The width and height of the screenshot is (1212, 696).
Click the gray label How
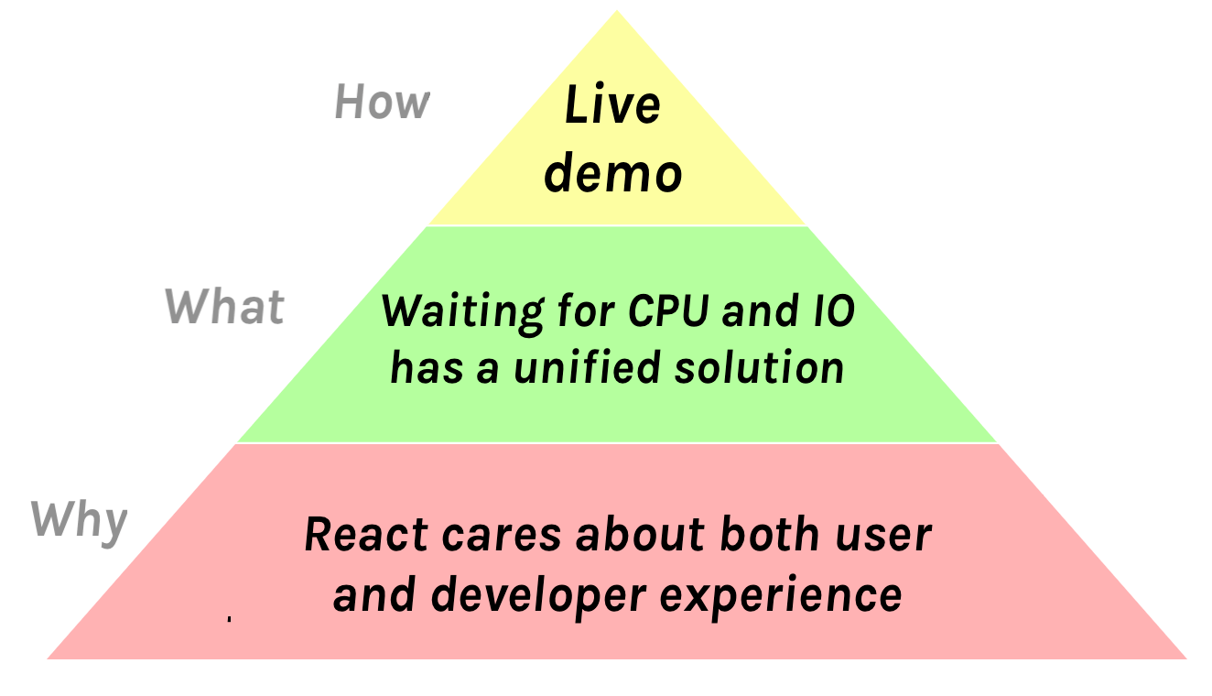click(382, 102)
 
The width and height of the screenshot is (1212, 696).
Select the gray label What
click(224, 306)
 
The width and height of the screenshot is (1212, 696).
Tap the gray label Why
click(79, 521)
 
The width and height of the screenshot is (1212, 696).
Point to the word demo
click(612, 173)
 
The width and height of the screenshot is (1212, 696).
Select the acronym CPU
click(668, 311)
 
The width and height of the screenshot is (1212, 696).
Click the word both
click(769, 534)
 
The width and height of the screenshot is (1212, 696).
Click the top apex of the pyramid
click(616, 13)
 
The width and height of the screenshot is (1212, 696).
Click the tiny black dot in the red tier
click(228, 620)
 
